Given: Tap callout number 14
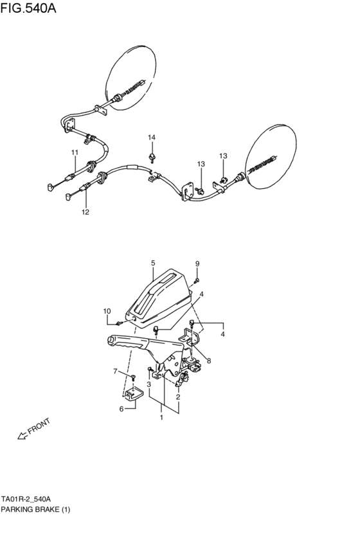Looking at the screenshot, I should click(152, 138).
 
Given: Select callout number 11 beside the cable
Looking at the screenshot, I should click(75, 152).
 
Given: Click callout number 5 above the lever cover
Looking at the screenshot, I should click(153, 263).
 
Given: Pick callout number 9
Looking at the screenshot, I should click(197, 264).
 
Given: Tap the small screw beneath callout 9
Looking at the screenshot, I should click(197, 279).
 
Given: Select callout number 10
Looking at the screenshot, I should click(107, 312).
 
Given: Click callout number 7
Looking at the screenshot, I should click(115, 372).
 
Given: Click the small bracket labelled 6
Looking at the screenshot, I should click(133, 397).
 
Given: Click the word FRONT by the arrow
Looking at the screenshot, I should click(39, 427).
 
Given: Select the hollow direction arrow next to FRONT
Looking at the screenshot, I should click(22, 436).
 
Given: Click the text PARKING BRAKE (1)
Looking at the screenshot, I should click(35, 510).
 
